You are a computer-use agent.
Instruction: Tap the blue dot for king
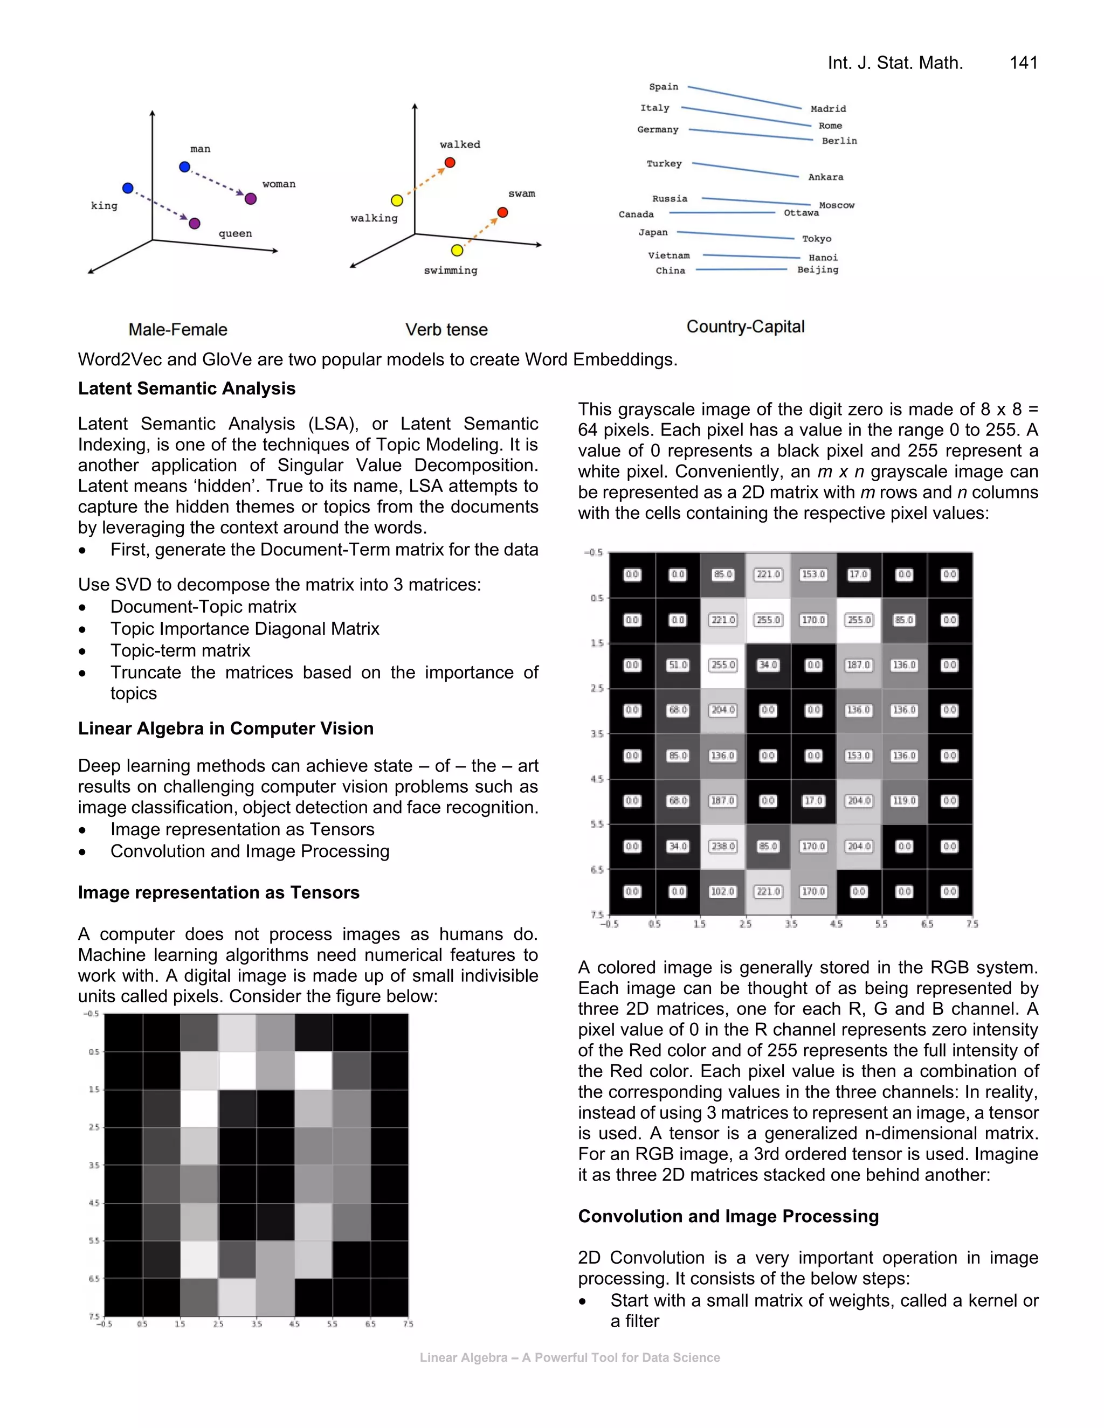click(x=128, y=188)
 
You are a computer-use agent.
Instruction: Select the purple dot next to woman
click(x=251, y=199)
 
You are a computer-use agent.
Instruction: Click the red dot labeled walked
click(x=450, y=162)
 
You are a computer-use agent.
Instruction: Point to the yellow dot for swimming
click(x=457, y=251)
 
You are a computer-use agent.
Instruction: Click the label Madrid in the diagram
click(x=828, y=108)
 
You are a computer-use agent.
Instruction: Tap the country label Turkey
click(x=664, y=163)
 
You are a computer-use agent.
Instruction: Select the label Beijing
click(x=818, y=269)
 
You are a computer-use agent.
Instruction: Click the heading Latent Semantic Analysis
click(x=187, y=389)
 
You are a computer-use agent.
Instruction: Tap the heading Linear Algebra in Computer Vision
click(x=226, y=729)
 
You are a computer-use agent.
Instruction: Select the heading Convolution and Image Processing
click(x=728, y=1216)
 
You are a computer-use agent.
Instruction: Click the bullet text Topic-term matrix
click(x=180, y=650)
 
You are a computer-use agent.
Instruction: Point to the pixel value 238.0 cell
click(x=723, y=846)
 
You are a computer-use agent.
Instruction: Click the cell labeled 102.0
click(x=723, y=891)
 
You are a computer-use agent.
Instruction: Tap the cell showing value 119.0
click(x=904, y=800)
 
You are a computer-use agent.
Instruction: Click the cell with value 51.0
click(x=678, y=665)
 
